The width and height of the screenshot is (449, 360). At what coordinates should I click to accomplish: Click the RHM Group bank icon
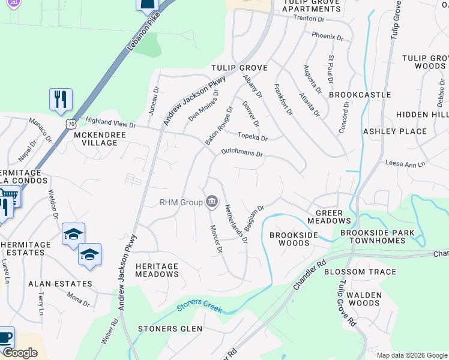[212, 202]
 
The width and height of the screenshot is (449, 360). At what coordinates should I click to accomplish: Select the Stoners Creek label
[199, 308]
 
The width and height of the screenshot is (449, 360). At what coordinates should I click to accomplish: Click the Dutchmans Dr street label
[242, 154]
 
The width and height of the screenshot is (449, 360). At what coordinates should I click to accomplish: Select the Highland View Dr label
[110, 123]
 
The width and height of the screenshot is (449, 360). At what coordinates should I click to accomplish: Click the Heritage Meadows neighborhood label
[157, 270]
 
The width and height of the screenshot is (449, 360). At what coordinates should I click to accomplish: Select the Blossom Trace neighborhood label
[360, 272]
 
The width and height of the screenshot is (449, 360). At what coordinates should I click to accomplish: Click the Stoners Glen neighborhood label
[166, 329]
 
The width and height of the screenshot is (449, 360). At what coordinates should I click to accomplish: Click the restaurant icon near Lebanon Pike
[61, 99]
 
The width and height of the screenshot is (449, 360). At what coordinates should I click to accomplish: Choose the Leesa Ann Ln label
[405, 163]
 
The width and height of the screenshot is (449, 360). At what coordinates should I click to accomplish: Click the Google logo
[20, 353]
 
